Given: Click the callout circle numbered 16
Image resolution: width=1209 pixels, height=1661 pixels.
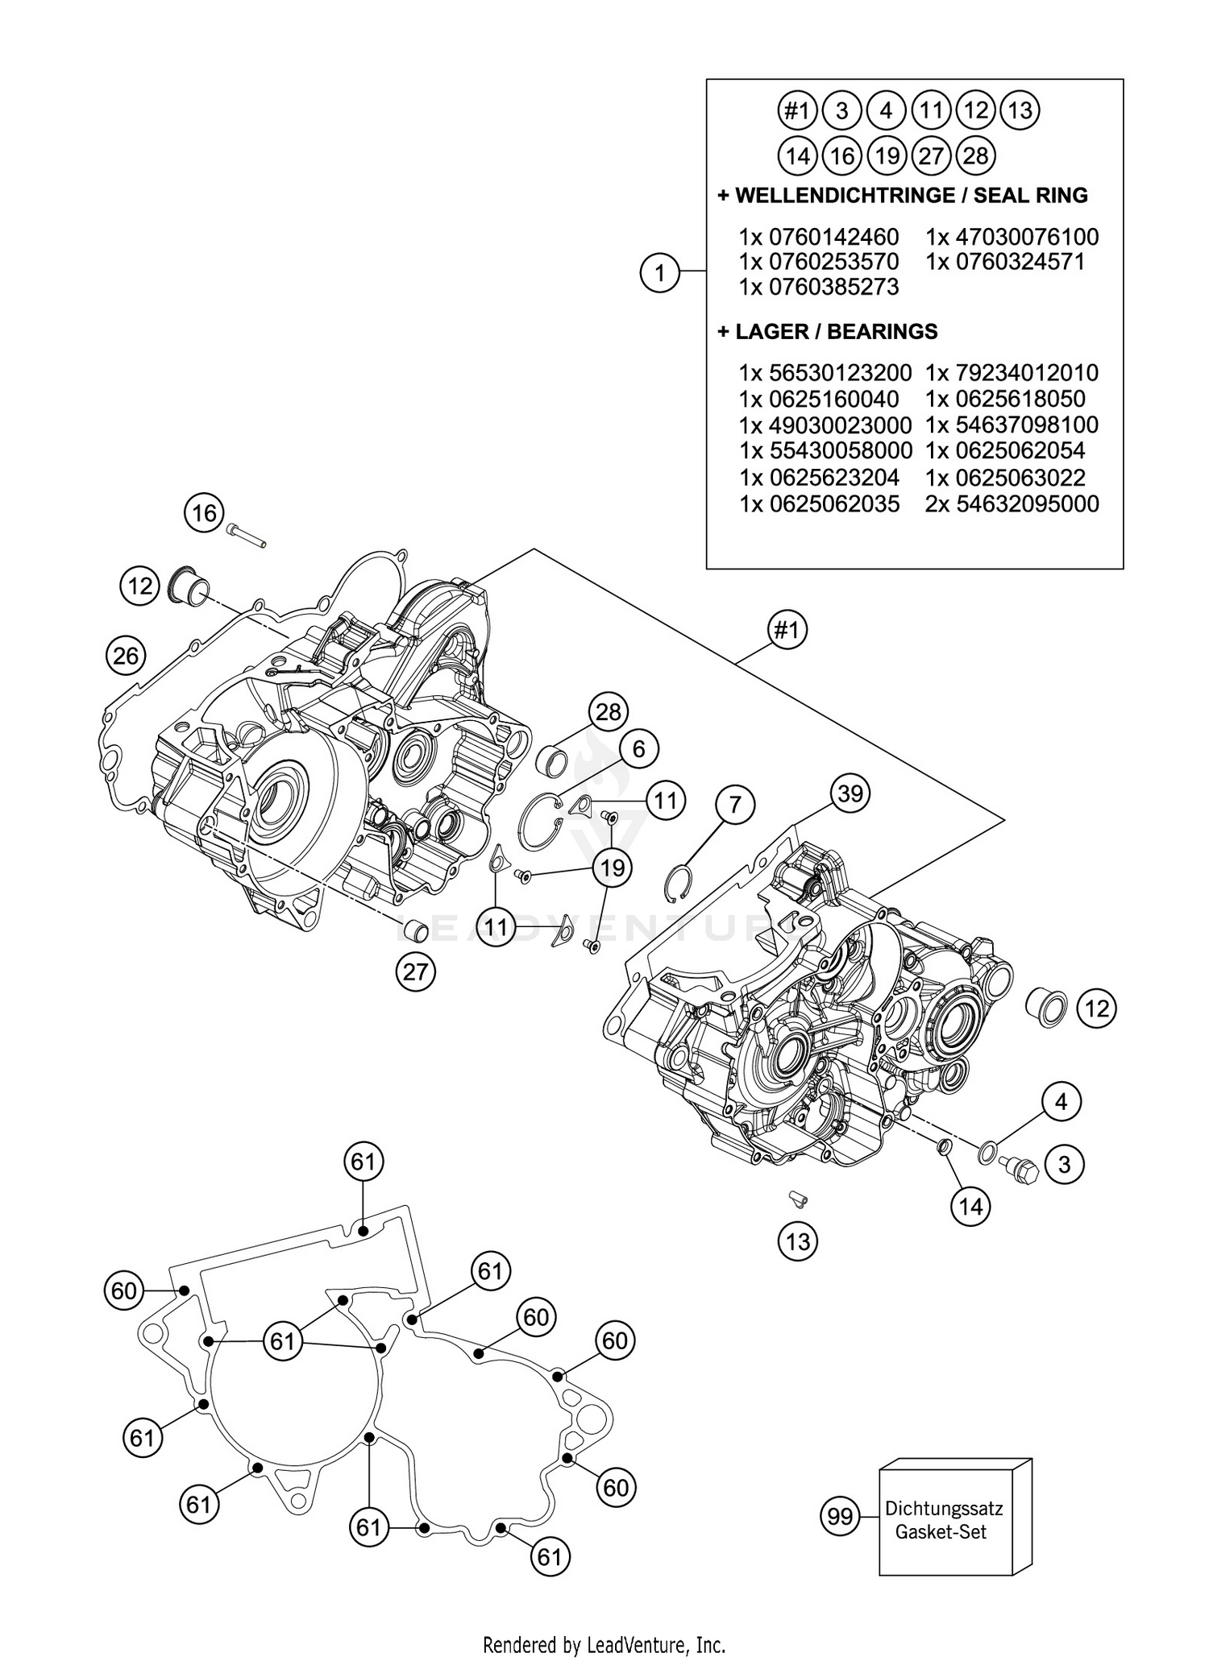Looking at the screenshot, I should tap(205, 512).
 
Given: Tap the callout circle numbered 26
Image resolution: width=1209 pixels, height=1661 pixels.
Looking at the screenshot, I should tap(126, 656).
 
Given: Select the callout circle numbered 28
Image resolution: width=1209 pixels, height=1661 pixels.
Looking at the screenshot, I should tap(609, 711).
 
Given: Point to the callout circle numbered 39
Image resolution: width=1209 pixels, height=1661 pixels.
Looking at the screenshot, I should tap(850, 793).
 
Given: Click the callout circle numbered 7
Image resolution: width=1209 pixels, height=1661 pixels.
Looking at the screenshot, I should tap(735, 805).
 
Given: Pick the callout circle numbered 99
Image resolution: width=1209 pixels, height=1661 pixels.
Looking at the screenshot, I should tap(840, 1516).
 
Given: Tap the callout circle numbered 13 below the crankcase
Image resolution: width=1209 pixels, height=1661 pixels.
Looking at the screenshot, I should tap(797, 1241).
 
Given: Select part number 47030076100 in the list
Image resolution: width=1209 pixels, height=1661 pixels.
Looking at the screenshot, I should tap(1012, 237).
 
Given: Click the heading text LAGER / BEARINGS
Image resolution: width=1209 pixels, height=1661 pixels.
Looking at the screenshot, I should tap(827, 331).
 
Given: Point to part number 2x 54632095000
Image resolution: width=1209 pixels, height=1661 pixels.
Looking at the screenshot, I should tap(1012, 503).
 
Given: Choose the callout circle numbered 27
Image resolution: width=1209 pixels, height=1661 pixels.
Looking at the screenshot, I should tap(415, 971).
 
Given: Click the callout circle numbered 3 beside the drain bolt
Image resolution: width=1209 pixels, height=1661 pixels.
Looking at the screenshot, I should tap(1064, 1164).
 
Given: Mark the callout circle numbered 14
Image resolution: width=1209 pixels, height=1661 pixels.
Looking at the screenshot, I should tap(970, 1206).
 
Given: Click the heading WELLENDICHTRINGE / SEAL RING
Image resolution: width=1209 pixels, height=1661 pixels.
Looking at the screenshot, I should tap(902, 196).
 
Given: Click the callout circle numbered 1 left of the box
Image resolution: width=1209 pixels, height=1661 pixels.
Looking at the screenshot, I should tap(659, 273).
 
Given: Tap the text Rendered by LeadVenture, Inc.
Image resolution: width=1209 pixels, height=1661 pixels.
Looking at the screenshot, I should tap(604, 1643).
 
